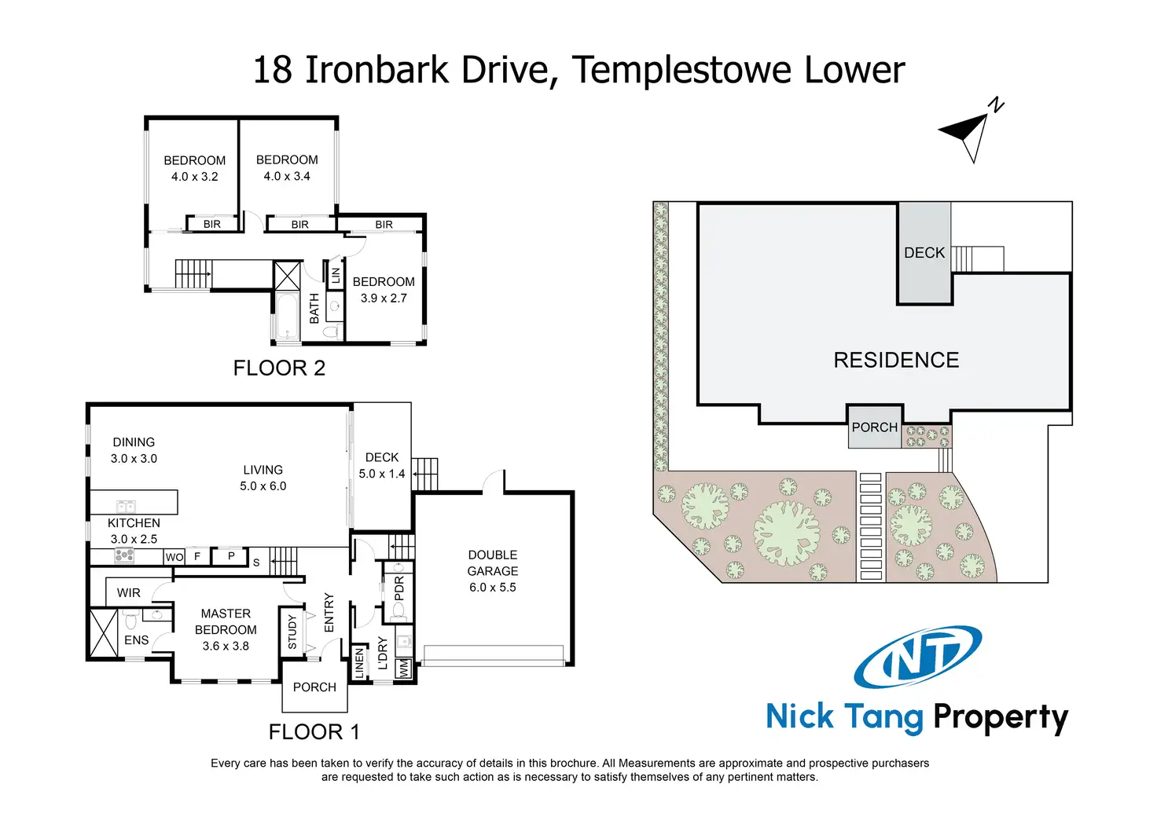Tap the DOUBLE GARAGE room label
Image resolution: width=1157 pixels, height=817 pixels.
click(x=493, y=562)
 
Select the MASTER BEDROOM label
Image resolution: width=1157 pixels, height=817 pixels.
click(x=226, y=621)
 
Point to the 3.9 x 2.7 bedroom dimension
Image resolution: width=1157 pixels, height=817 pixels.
click(x=384, y=299)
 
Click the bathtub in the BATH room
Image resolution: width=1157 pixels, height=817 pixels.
click(x=287, y=317)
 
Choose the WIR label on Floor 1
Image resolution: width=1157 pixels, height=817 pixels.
click(x=129, y=593)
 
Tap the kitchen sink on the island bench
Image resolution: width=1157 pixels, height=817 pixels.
click(x=125, y=506)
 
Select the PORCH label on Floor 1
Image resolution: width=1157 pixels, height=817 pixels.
click(x=314, y=687)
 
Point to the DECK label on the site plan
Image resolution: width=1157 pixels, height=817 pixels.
click(x=924, y=253)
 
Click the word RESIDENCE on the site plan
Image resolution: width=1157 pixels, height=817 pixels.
click(x=896, y=361)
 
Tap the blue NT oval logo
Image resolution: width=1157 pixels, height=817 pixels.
click(x=917, y=657)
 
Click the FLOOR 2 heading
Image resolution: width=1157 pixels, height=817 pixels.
click(x=279, y=368)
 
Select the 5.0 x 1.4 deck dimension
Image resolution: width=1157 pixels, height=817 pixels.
click(x=382, y=474)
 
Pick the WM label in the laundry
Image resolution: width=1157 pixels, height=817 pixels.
click(x=404, y=669)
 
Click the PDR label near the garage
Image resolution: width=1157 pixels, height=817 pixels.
click(x=399, y=588)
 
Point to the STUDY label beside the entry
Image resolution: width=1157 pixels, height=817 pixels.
click(x=292, y=632)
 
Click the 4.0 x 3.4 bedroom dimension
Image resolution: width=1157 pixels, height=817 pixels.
click(x=287, y=177)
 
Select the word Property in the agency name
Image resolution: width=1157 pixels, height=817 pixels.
click(x=1000, y=717)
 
